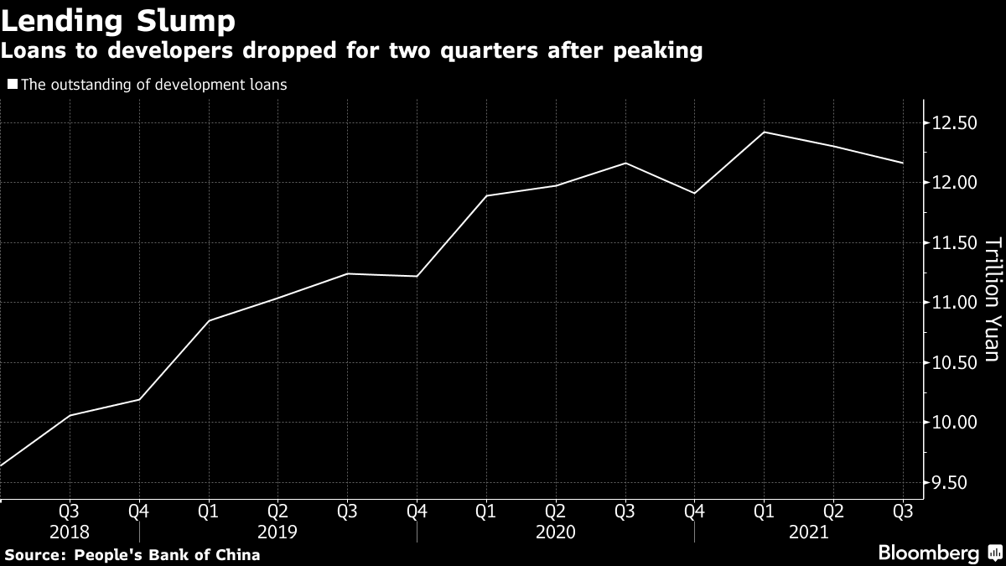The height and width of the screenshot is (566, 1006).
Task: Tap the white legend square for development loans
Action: tap(12, 85)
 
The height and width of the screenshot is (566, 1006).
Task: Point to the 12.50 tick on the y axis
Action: tap(956, 124)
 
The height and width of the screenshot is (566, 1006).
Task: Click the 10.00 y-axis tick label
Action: tap(956, 423)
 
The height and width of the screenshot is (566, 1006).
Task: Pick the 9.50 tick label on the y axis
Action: tap(956, 482)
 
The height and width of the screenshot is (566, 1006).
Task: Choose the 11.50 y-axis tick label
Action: tap(956, 243)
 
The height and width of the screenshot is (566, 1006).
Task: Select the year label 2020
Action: tap(555, 532)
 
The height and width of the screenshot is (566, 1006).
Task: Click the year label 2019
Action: tap(277, 532)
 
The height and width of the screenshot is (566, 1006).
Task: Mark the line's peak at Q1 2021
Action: tap(764, 132)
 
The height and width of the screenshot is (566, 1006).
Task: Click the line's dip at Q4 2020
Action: tap(694, 194)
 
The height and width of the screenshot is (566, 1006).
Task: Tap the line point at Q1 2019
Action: tap(208, 320)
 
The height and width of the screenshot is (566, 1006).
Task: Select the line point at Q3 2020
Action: tap(625, 163)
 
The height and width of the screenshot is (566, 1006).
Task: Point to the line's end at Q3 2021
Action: tap(903, 163)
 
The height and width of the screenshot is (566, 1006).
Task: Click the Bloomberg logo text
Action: tap(928, 553)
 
